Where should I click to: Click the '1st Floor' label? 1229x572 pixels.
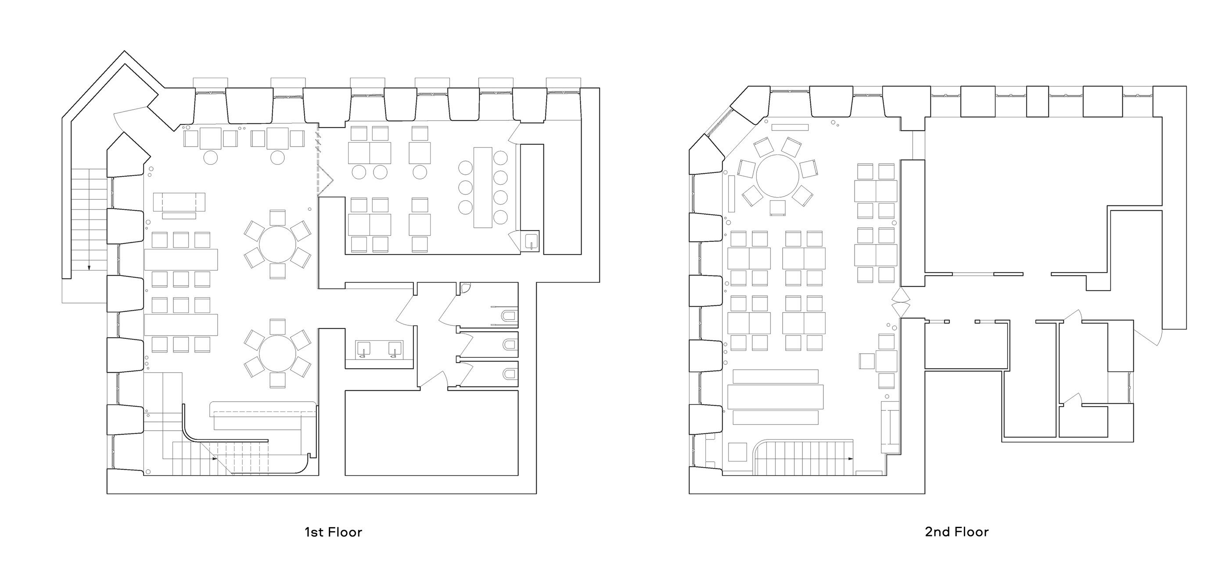pos(334,532)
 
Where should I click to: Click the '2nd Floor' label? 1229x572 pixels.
pos(956,532)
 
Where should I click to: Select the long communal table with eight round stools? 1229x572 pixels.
pos(483,187)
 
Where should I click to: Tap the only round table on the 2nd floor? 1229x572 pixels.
pos(778,176)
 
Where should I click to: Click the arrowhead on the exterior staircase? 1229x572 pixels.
pos(89,268)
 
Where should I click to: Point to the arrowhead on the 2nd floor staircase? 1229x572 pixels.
pos(851,458)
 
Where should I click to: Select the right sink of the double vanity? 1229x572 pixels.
pos(395,350)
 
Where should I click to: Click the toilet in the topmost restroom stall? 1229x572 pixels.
pos(510,315)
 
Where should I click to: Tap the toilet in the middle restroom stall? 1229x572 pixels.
pos(510,345)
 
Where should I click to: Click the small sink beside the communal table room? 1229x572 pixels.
pos(532,242)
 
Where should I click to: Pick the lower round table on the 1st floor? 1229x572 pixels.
pos(277,353)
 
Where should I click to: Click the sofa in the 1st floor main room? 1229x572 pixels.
pos(180,202)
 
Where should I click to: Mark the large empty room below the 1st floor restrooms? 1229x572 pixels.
pos(431,433)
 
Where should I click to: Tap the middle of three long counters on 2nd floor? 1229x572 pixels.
pos(775,397)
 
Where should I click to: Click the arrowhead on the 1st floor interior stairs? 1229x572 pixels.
pos(214,458)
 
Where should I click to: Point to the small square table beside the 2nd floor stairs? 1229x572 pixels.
pos(737,452)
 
